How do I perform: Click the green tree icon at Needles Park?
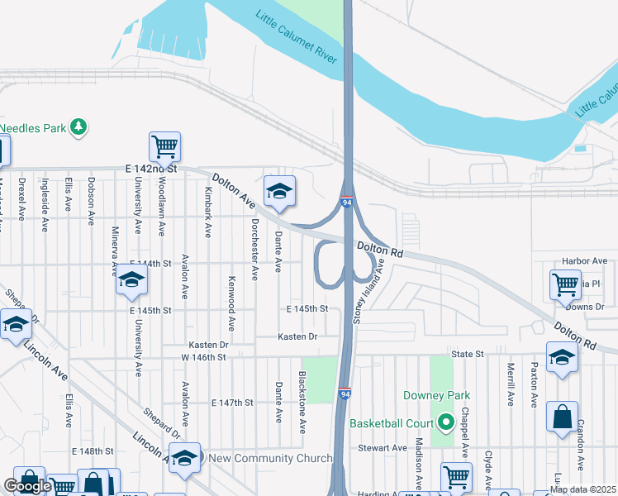(78, 126)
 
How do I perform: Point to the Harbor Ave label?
(584, 261)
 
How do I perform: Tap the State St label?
(467, 354)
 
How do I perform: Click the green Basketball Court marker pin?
(447, 423)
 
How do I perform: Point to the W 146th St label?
(203, 357)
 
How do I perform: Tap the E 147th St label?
(232, 403)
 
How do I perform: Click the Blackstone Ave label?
(303, 400)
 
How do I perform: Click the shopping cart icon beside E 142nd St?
(164, 147)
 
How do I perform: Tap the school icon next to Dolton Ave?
(279, 191)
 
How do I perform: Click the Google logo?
(27, 486)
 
